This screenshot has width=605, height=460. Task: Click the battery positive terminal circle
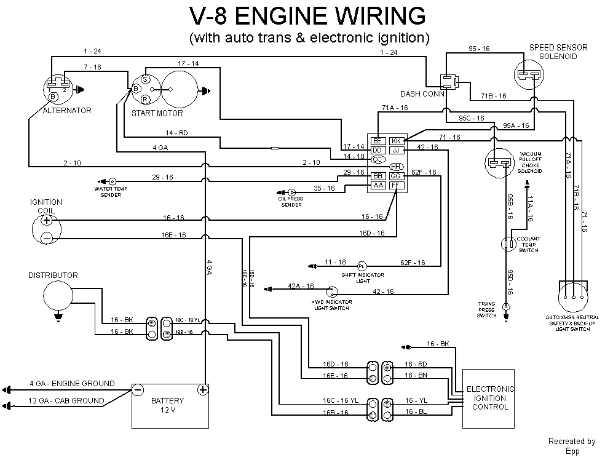coord(202,389)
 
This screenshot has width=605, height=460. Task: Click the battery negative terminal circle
coord(138,389)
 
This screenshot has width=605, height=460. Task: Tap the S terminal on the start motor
coord(145,79)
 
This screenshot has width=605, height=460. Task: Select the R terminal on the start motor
coord(145,100)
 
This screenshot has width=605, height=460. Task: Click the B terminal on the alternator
coord(53,97)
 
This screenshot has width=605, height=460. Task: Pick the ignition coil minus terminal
coord(46,237)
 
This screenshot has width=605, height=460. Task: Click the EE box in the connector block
coord(378,141)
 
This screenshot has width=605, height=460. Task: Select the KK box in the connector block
coord(397,141)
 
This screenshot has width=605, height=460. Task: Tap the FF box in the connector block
coord(397,185)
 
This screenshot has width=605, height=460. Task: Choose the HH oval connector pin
coord(397,167)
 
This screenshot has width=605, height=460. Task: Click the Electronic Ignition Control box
coord(488,398)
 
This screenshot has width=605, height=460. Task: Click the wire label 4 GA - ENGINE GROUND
coord(72,383)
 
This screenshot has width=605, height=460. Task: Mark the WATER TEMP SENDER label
coord(108,191)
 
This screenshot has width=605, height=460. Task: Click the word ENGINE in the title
coord(292,16)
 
